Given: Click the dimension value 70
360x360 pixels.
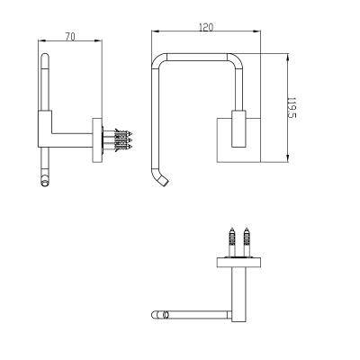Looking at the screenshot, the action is tap(70, 37).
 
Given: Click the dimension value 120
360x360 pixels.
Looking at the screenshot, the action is tap(206, 27).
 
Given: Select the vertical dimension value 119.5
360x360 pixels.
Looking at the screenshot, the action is tap(292, 107).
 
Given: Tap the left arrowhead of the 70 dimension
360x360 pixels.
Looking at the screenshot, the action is tap(41, 40).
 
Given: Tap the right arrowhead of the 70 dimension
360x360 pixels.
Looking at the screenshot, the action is tap(99, 40).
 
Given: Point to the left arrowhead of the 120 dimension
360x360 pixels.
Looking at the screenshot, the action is tap(155, 31).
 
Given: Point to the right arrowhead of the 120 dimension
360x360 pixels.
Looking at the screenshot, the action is tap(257, 31).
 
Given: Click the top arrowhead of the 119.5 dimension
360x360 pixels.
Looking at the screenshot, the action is tap(288, 57).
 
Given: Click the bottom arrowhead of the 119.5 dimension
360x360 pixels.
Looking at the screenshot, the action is tap(288, 159).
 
